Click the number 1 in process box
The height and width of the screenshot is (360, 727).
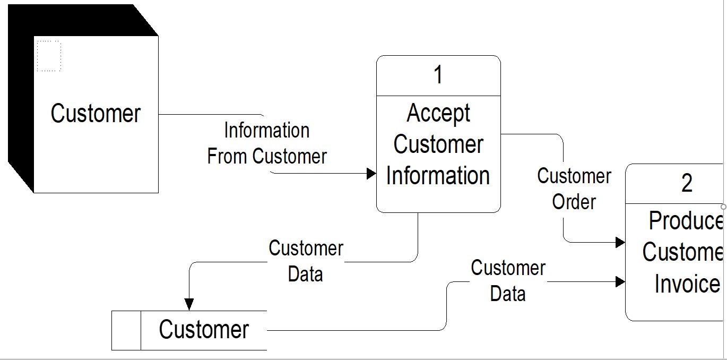(438, 75)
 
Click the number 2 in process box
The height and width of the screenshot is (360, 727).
(687, 184)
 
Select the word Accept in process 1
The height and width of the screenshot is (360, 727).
(438, 113)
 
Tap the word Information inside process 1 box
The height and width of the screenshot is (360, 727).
(438, 176)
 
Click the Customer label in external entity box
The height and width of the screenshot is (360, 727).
(96, 114)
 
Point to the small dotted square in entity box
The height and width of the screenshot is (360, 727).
(49, 56)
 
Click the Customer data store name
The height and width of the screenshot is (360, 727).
(204, 330)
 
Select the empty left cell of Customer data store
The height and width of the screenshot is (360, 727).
(126, 330)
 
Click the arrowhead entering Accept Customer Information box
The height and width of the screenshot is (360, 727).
(371, 173)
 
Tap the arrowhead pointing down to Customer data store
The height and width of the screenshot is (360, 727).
(189, 304)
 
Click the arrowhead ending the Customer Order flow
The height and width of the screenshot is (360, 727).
(620, 242)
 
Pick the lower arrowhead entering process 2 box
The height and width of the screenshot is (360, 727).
(620, 281)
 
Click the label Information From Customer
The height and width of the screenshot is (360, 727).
(267, 143)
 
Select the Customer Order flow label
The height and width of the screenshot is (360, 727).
(574, 189)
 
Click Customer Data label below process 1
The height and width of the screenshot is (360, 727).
(306, 261)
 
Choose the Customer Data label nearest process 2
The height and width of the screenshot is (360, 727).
(508, 281)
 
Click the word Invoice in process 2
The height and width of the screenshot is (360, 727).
(687, 284)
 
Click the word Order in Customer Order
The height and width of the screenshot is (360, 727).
(574, 202)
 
